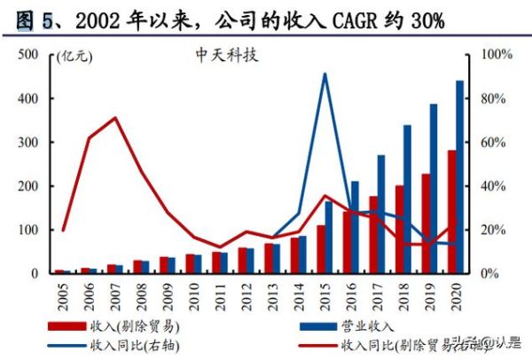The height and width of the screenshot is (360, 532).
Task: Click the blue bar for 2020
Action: [460, 177]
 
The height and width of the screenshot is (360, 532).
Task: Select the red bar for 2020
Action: [451, 213]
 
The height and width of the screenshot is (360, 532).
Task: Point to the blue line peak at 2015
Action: [325, 74]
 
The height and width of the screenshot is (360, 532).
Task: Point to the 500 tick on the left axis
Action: [28, 55]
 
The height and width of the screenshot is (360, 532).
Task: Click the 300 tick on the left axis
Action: [28, 143]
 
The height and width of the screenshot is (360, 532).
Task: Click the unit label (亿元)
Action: [74, 58]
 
